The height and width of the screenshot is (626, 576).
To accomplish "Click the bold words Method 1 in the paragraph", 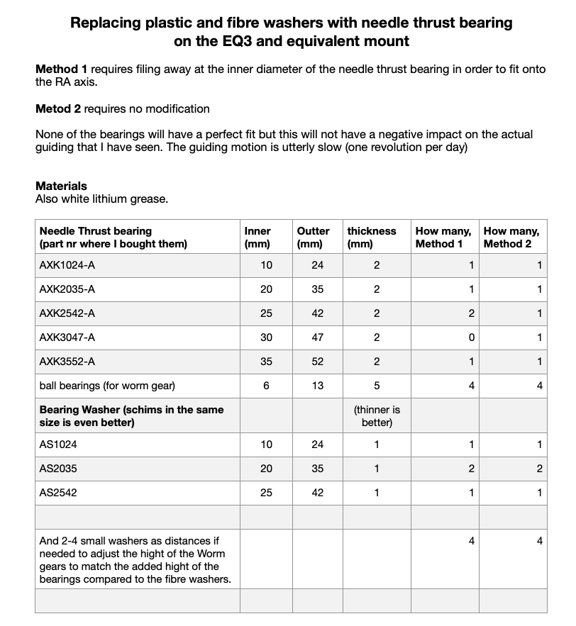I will [62, 70].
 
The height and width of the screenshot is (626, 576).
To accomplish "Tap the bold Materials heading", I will [61, 186].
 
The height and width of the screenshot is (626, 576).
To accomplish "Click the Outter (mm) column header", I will [313, 237].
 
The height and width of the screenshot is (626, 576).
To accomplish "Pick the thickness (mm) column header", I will [371, 237].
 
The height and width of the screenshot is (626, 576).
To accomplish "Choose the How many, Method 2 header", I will [511, 237].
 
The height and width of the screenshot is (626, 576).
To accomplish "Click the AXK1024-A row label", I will [67, 265].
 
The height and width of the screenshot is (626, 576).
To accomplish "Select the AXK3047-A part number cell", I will [67, 337].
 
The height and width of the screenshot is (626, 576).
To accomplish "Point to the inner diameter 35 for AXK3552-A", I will [266, 362].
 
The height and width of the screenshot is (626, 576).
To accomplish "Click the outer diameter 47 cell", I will [318, 337].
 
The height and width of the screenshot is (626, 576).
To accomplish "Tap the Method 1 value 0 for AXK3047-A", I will [472, 337].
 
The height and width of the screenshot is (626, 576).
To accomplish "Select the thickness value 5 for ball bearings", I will [377, 386].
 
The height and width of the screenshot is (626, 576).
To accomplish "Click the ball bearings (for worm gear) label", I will [107, 386].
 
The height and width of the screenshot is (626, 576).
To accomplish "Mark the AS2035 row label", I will [57, 469].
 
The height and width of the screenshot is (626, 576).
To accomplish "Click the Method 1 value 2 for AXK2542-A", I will [472, 313].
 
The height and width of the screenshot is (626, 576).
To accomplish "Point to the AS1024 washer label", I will [57, 445].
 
